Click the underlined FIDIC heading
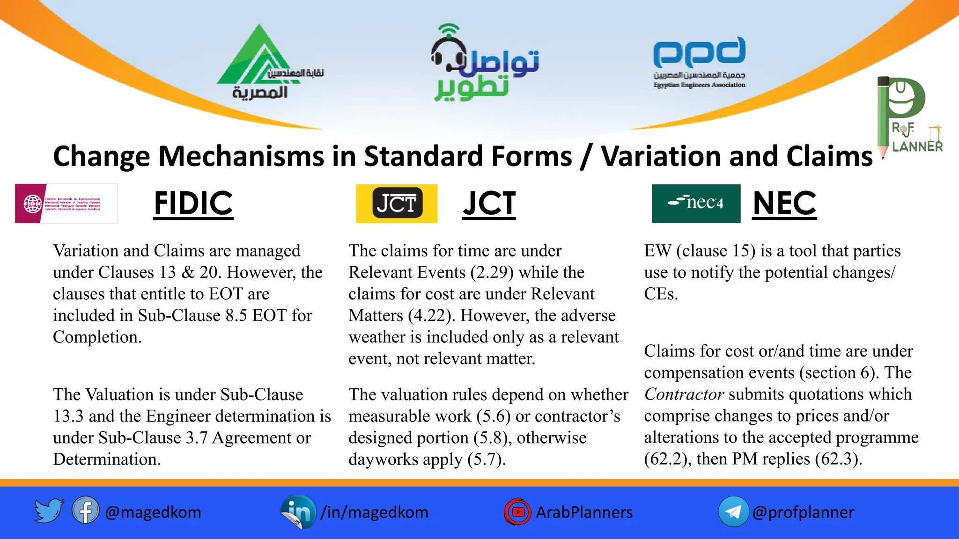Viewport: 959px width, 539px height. coord(193,204)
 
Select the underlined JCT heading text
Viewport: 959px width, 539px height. coord(489,204)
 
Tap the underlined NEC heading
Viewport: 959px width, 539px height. coord(784,204)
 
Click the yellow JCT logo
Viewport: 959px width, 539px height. coord(397,204)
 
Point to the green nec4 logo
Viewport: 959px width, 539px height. coord(696,204)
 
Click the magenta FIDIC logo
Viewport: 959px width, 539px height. coord(66,204)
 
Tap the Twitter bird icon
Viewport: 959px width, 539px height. coord(49,510)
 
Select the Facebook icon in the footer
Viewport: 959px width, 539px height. coord(85,510)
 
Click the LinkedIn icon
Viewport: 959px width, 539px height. coord(298,511)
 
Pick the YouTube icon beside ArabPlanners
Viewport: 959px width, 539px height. coord(517,511)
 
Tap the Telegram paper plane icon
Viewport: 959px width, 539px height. coord(733,511)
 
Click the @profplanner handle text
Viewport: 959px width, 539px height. coord(803,512)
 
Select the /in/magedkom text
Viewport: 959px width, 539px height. coord(374,512)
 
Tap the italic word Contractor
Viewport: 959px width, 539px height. coord(684,394)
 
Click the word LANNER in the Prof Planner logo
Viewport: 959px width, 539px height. coord(917,146)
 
